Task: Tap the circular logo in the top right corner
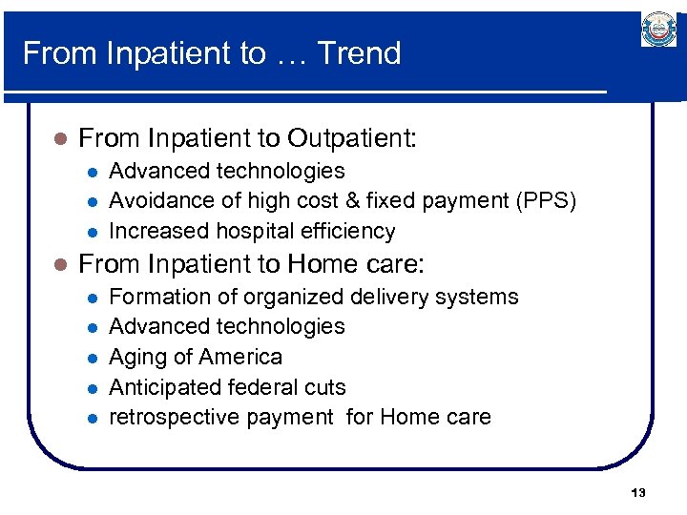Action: point(658,30)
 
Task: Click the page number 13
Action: point(638,493)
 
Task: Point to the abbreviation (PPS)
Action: point(546,200)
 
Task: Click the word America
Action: point(242,357)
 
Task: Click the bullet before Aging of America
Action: point(91,358)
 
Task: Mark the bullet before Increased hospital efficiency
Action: point(91,232)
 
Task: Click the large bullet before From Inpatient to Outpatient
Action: point(59,140)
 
